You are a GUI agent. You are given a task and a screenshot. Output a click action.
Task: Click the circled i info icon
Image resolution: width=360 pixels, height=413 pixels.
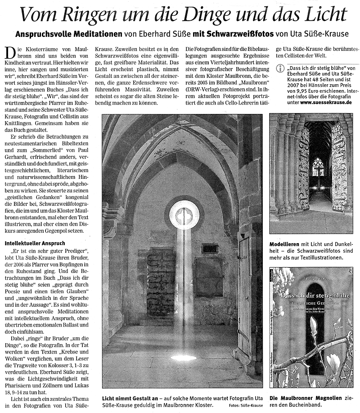pyautogui.click(x=280, y=68)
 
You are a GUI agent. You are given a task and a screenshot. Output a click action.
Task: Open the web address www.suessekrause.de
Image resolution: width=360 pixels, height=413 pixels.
pyautogui.click(x=327, y=103)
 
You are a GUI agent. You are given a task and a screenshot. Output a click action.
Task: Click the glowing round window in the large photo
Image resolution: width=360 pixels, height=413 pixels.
pyautogui.click(x=184, y=214)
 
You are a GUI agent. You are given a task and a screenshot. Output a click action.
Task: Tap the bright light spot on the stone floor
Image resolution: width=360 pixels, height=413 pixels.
pyautogui.click(x=183, y=358)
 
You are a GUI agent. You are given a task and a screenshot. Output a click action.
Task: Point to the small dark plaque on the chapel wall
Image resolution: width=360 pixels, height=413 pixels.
pyautogui.click(x=210, y=248)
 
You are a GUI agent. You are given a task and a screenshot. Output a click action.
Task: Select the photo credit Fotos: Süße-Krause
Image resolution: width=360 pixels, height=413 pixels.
pyautogui.click(x=246, y=405)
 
